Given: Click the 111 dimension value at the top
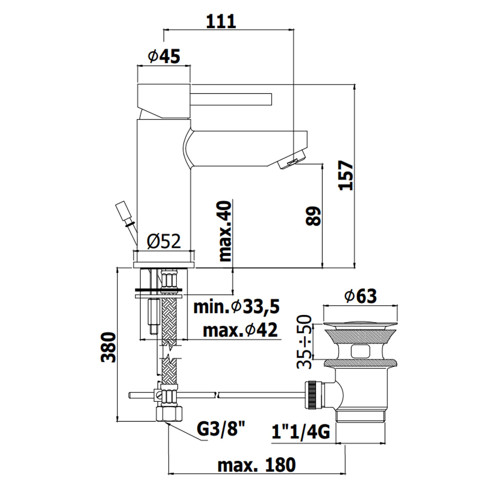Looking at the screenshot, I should pos(221,21).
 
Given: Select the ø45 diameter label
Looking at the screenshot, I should pos(164,56).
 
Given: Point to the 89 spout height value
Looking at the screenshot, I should pos(313,216).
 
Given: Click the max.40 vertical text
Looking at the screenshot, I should pos(226,231).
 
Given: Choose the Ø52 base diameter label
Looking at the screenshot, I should pos(164,242).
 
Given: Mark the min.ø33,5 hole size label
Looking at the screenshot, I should pos(236,307).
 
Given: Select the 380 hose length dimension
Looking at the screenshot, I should pos(109,347).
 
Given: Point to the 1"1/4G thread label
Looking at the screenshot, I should pos(301,431).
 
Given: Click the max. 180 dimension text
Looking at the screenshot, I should pos(256,465).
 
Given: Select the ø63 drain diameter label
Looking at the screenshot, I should pos(360,296).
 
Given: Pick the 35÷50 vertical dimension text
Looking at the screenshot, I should pos(304,342).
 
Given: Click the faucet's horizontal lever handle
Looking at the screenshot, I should pos(231,99).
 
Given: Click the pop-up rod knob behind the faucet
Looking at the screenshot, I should pos(124,213).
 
